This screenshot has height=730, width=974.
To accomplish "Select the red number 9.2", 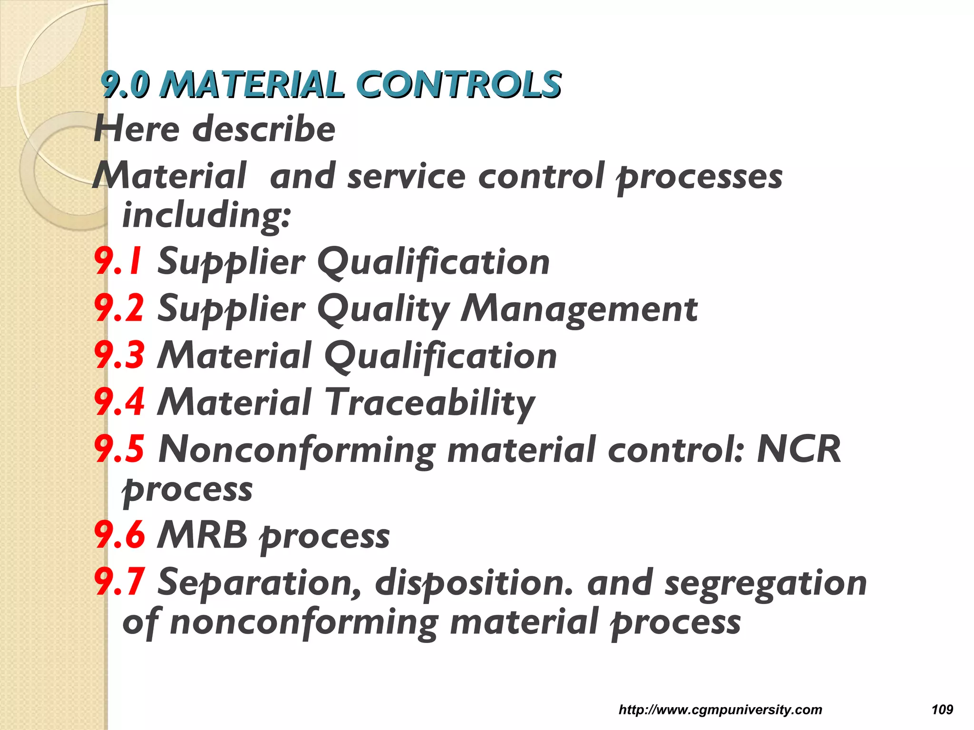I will [119, 308].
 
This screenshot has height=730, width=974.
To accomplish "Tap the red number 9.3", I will [119, 355].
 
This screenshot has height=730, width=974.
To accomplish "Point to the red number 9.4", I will [119, 402].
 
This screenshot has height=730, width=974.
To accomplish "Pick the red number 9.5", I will [119, 449].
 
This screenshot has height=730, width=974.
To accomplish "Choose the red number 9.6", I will [119, 535].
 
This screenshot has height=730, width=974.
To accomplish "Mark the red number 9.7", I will [119, 582].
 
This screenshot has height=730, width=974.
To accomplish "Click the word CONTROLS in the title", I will [458, 85].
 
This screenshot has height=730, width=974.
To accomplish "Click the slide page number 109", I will [942, 710].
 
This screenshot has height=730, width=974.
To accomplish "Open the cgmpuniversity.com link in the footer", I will [720, 710].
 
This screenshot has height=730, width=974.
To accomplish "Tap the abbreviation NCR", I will [799, 449].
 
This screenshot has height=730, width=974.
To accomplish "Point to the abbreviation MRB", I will [203, 535].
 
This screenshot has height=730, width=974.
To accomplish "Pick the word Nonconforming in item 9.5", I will [297, 450].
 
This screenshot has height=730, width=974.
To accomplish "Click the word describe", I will [264, 129].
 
